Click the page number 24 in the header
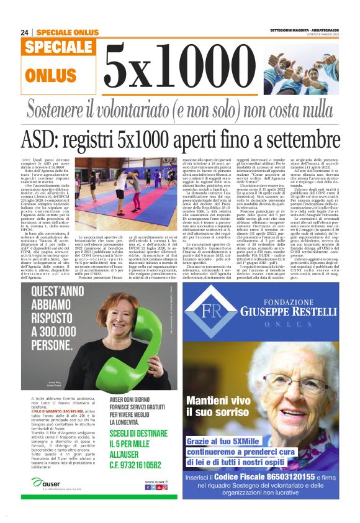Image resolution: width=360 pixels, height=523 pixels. tap(24, 32)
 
